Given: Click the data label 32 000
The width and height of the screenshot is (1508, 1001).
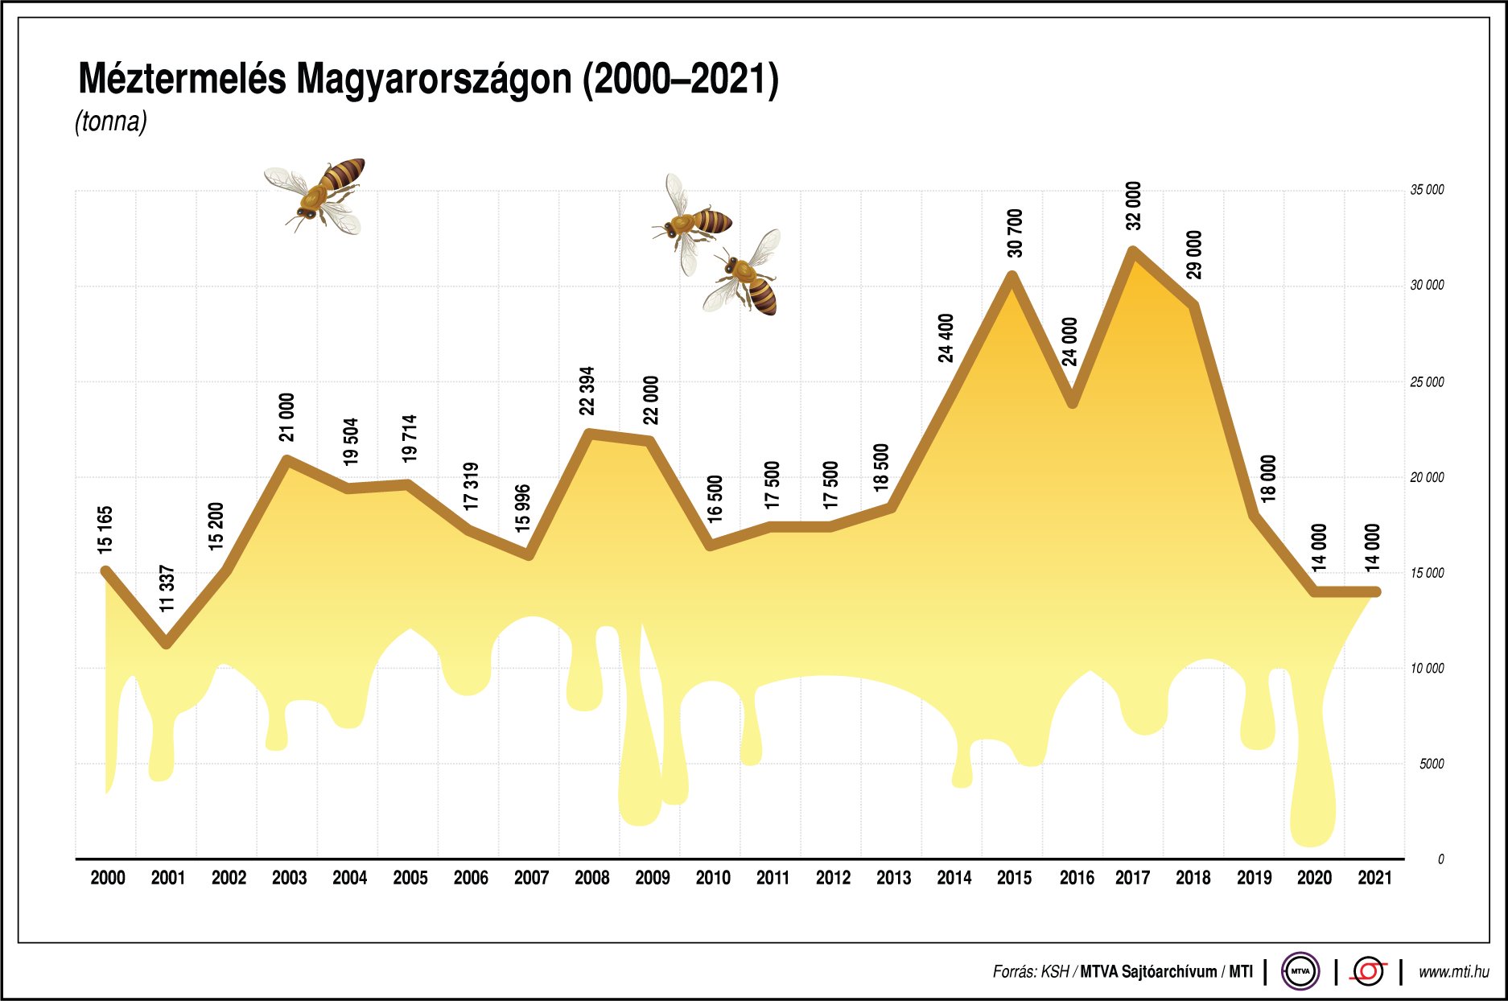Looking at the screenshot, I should [1133, 206].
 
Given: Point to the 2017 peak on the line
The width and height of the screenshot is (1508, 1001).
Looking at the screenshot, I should [1133, 250].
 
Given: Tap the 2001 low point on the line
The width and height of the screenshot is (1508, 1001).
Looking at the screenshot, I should [167, 644].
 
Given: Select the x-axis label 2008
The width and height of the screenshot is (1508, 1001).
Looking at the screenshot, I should [591, 878].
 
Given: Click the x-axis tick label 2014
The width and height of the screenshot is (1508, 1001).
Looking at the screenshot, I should [954, 878].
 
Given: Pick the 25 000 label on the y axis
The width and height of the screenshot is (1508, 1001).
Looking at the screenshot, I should [1426, 382].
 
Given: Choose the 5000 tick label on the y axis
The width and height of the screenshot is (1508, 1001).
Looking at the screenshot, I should [1432, 764].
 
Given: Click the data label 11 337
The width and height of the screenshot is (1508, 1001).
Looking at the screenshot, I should [167, 588].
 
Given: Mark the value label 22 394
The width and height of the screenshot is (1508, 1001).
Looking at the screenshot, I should [587, 391].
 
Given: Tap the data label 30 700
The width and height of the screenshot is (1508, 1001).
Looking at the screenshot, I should [1015, 233].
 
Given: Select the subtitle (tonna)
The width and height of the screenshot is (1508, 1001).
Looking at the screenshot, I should [111, 122].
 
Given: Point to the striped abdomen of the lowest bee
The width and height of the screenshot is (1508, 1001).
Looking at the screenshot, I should [763, 296].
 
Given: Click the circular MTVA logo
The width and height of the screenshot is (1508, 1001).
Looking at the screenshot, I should [1300, 971].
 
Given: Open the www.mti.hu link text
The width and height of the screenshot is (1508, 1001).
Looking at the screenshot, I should [1453, 972].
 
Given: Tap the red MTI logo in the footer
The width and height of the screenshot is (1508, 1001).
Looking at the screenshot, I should [1368, 971].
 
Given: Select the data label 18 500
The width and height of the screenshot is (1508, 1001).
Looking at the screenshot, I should [881, 468].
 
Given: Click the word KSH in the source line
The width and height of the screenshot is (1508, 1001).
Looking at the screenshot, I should [1055, 972].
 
